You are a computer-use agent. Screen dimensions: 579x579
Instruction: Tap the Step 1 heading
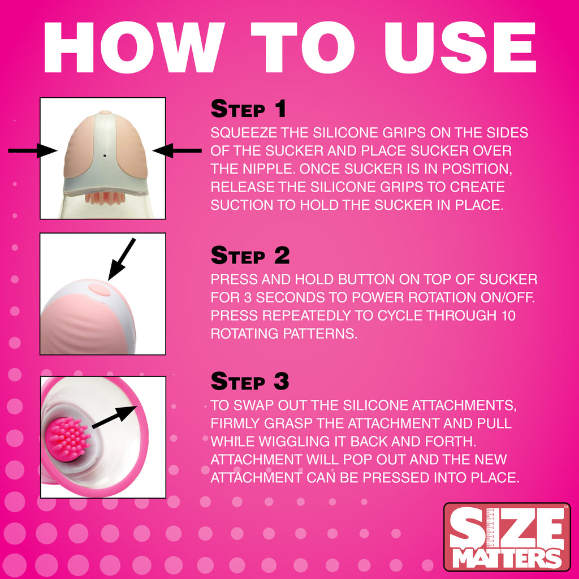coord(249,109)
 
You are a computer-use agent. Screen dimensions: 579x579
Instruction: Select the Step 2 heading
coord(250,256)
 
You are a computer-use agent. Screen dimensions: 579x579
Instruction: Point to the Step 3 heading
coord(250,381)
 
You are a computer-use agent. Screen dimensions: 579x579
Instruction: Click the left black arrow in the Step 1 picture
coord(33,150)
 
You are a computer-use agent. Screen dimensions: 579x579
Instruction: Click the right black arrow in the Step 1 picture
coord(177,150)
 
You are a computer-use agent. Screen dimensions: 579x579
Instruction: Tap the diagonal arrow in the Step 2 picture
coord(122,258)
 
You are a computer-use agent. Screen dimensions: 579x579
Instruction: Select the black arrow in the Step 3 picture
coord(113,416)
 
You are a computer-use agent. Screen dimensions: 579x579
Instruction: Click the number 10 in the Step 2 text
coord(507,316)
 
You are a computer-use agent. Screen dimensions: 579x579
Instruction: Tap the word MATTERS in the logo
coord(507,556)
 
